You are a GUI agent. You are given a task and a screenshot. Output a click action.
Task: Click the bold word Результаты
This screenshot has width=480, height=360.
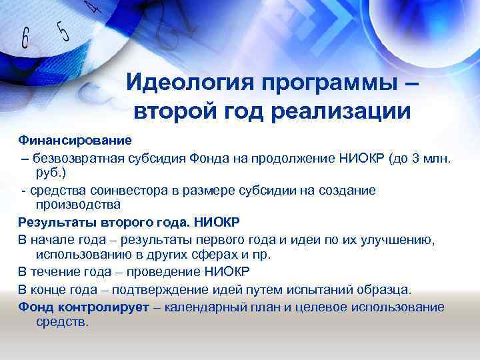[57, 222]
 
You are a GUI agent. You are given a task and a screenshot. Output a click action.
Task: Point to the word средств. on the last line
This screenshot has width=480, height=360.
[61, 321]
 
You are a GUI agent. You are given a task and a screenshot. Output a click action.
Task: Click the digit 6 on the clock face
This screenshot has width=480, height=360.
[26, 39]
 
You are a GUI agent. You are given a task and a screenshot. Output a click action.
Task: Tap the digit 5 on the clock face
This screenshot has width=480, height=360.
[63, 31]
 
